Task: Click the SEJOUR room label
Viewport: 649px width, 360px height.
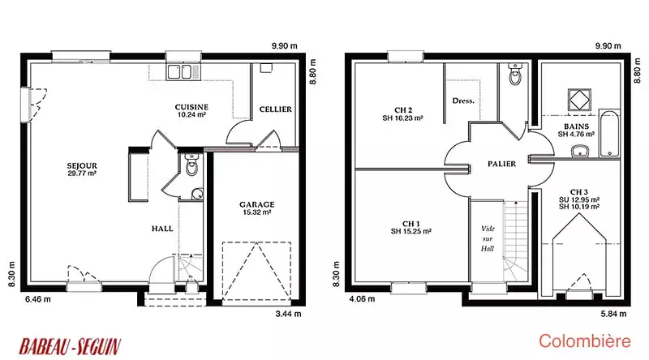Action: coord(82,166)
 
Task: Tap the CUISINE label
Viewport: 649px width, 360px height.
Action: coord(191,107)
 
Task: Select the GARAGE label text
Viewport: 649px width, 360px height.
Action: coord(256,204)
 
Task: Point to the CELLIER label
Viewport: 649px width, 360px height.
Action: coord(275,109)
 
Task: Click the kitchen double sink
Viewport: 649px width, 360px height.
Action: coord(179,72)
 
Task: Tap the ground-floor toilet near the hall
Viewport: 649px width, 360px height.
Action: coord(191,164)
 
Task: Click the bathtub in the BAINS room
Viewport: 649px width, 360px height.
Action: coord(609,134)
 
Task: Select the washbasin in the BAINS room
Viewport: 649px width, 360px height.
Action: coord(580,152)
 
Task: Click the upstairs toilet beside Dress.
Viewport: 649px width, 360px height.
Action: coord(515,74)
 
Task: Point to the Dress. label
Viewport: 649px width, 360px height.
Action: coord(463,101)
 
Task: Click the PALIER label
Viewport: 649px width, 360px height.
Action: coord(501,164)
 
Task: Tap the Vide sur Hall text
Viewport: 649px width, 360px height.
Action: coord(488,238)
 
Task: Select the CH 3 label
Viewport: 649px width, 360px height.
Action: coord(578,192)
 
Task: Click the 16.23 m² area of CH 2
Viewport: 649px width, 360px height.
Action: coord(408,118)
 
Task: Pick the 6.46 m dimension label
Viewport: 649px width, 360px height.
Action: coord(38,298)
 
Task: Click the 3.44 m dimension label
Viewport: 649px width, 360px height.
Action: coord(289,314)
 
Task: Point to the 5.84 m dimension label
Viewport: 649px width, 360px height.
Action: coord(613,314)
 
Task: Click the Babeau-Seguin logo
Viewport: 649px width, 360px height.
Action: coord(70,346)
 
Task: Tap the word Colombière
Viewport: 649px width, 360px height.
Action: coord(584,341)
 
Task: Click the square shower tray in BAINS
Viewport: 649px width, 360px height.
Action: coord(579,100)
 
